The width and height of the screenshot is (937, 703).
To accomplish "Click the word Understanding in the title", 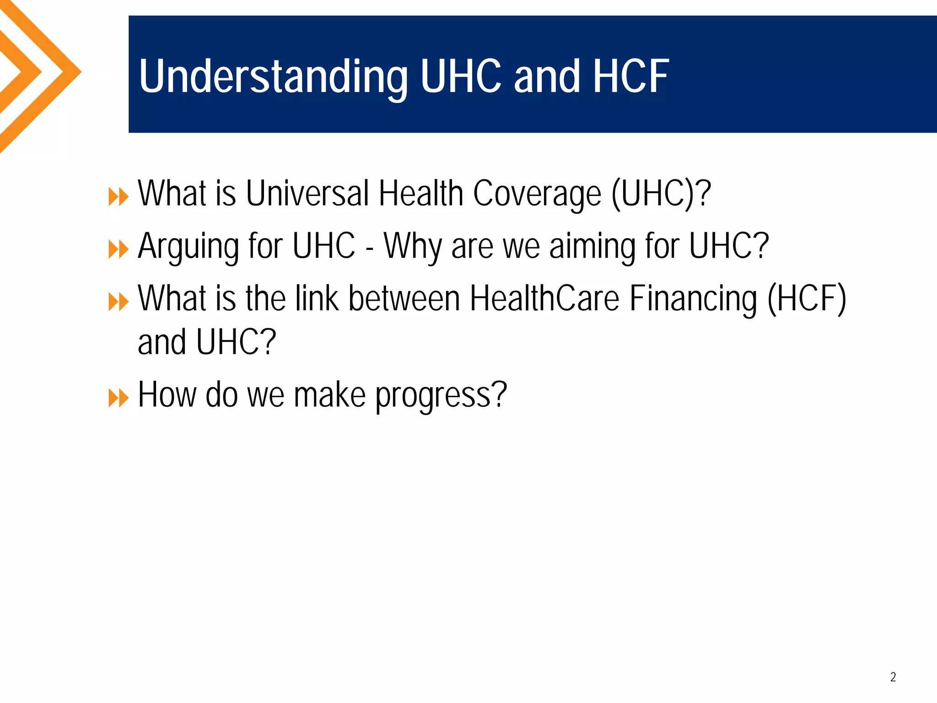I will pos(273,76).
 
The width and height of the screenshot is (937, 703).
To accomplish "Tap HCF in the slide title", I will pos(631,76).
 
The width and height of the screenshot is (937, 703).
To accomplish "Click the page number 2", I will pos(893,677).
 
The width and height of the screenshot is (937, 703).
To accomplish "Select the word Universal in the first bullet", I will pos(307,194).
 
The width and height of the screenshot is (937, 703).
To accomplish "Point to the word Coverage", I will pos(537,194).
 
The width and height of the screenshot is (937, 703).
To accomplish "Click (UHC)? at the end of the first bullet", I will pos(661,194).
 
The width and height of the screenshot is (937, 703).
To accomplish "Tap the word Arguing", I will pos(188,246).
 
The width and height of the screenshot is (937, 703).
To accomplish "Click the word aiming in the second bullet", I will pos(592,246).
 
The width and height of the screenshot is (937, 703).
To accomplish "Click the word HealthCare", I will pos(544,298).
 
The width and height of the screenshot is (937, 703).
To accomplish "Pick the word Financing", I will pos(693,298).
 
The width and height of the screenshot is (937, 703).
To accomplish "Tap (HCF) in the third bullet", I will pos(807,298).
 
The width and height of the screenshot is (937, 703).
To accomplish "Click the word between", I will pos(404,298).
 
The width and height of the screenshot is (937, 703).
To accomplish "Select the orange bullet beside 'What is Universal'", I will pos(118,198).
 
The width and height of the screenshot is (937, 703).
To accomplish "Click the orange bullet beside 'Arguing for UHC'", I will pos(118,250).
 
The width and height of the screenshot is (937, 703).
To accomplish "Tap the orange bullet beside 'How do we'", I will pos(118,398).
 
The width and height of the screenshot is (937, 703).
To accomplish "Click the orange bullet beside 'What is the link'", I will pos(118,302).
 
